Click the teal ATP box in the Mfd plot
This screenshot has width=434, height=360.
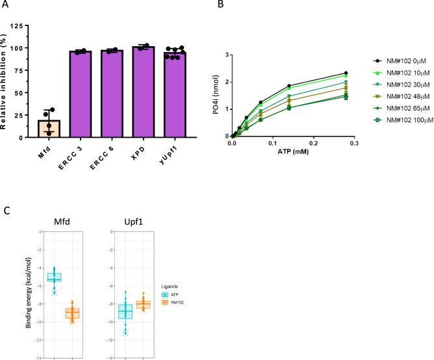(x=54, y=277)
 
